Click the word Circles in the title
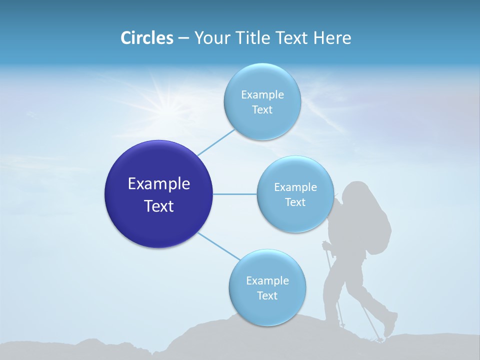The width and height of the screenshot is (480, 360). click(146, 38)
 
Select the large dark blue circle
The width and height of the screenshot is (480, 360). click(158, 194)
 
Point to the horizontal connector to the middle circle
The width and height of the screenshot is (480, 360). click(235, 194)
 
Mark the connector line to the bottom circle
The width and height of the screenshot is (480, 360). click(217, 246)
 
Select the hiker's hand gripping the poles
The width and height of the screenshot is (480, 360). click(326, 245)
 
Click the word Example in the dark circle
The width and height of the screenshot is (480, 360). click(158, 183)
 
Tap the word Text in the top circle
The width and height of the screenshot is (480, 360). click(262, 110)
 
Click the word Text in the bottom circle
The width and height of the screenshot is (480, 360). click(267, 296)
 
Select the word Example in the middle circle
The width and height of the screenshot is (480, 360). click(295, 187)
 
